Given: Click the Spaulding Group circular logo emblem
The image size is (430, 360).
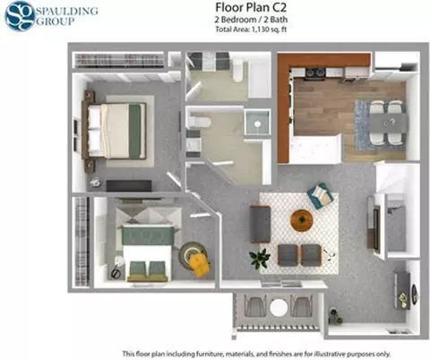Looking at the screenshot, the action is pyautogui.click(x=20, y=16).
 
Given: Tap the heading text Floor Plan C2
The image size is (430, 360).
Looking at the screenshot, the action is pyautogui.click(x=251, y=7).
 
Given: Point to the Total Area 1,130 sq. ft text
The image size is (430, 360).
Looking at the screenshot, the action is pyautogui.click(x=251, y=30).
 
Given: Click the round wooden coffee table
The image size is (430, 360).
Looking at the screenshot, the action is pyautogui.click(x=302, y=220).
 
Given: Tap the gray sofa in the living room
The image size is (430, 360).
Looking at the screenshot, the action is pyautogui.click(x=261, y=224).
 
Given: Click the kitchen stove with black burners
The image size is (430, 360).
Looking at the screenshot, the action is pyautogui.click(x=315, y=73).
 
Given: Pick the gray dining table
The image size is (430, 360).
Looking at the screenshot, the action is pyautogui.click(x=388, y=123).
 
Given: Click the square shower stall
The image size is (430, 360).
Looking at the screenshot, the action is pyautogui.click(x=257, y=122).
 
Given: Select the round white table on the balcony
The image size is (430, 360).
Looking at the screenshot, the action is pyautogui.click(x=279, y=307).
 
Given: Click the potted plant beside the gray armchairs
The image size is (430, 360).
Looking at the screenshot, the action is pyautogui.click(x=260, y=258).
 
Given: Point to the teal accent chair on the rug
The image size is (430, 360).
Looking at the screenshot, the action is pyautogui.click(x=320, y=196).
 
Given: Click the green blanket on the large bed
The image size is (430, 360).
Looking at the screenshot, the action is pyautogui.click(x=135, y=131).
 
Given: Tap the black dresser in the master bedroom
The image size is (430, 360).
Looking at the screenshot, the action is pyautogui.click(x=129, y=185).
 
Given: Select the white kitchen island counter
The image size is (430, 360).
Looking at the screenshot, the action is pyautogui.click(x=315, y=149).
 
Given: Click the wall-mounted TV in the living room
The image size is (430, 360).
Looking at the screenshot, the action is pyautogui.click(x=375, y=227).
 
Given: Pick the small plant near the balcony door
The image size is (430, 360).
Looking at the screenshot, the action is pyautogui.click(x=335, y=316).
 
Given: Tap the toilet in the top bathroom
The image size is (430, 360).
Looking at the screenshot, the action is pyautogui.click(x=238, y=71).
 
